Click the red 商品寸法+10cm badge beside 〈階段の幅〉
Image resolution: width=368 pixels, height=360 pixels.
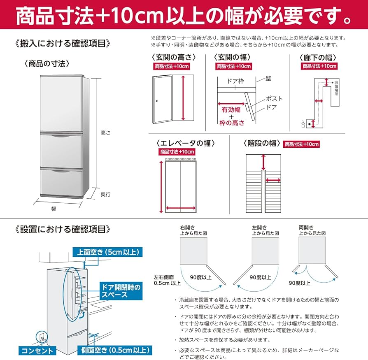301,144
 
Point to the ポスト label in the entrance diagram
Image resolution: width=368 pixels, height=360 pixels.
274,98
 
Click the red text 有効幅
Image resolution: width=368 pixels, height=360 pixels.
230,110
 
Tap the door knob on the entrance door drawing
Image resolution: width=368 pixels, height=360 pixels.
157,101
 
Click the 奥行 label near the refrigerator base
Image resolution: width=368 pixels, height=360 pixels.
105,194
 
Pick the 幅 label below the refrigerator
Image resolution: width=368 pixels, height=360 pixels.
54,209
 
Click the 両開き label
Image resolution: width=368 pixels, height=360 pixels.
306,227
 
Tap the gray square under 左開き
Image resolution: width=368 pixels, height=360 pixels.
265,250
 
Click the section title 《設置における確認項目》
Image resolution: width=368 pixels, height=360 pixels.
62,229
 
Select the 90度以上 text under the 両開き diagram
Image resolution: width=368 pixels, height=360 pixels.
299,283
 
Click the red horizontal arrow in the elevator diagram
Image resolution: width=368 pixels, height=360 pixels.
181,208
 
